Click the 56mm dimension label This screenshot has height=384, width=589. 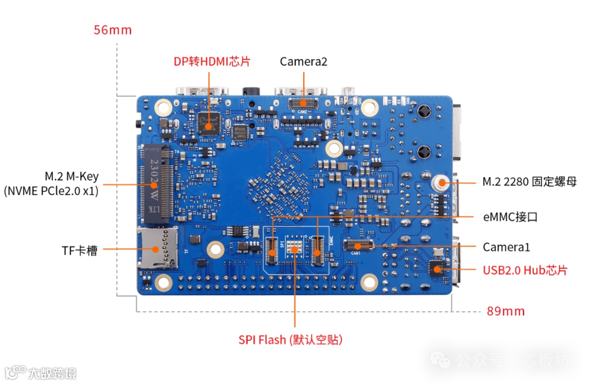point(112,29)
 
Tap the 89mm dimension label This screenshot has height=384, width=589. point(506,311)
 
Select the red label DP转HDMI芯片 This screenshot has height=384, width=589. point(212,62)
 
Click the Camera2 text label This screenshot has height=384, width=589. point(303,62)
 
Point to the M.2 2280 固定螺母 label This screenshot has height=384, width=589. point(529,182)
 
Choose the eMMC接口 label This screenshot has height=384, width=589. point(510,217)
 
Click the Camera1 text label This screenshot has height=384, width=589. point(506,247)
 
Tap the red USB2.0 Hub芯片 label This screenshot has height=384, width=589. point(525,270)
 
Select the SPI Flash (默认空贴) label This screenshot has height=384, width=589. point(290,340)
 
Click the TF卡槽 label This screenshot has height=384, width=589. point(80,251)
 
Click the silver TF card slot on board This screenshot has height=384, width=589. point(157,248)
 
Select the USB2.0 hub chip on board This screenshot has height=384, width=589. point(437,268)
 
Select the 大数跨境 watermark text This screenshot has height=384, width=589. point(52,373)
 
